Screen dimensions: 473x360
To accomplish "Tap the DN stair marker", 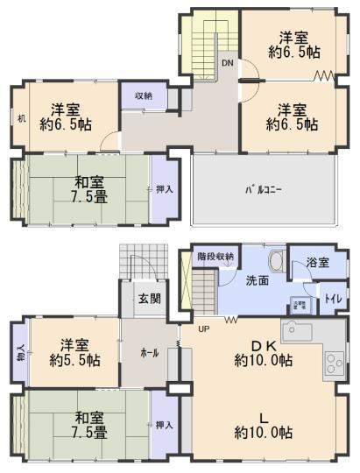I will (226, 64).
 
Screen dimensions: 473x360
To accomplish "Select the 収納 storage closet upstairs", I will (143, 96).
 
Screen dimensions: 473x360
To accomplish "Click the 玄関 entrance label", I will (148, 299).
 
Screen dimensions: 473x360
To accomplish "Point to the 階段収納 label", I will (215, 257).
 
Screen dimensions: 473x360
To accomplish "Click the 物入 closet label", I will (20, 354).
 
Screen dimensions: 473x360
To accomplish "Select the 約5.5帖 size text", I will (72, 359).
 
